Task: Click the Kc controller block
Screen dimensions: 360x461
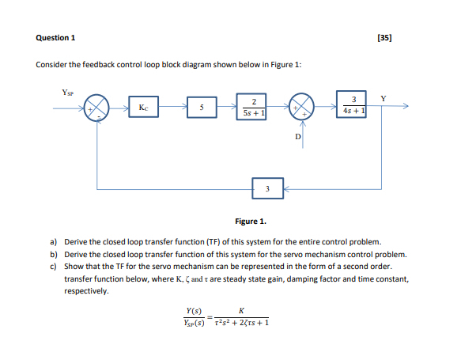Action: tap(142, 107)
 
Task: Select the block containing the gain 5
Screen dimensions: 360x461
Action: tap(201, 107)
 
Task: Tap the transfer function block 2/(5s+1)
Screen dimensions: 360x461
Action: tap(253, 107)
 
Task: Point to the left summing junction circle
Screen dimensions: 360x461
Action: tap(96, 108)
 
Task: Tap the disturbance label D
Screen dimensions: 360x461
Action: tap(297, 138)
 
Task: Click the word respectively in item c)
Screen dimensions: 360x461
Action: tap(87, 291)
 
